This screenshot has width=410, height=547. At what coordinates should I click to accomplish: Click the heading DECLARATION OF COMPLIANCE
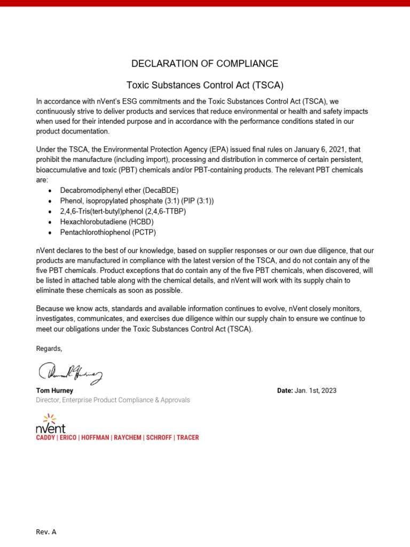[x=205, y=64]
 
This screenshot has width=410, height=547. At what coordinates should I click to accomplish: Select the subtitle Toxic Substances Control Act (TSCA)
[x=205, y=85]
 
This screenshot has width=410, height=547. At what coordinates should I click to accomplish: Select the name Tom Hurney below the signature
[x=54, y=390]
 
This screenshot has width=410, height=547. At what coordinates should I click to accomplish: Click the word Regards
[x=49, y=348]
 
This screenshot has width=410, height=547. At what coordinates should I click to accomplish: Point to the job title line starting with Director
[x=113, y=400]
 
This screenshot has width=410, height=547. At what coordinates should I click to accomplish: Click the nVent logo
[x=51, y=423]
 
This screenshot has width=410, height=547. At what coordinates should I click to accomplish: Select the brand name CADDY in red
[x=45, y=437]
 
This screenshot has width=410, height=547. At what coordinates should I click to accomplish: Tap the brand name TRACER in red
[x=187, y=437]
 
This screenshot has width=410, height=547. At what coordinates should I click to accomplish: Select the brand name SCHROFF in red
[x=159, y=437]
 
